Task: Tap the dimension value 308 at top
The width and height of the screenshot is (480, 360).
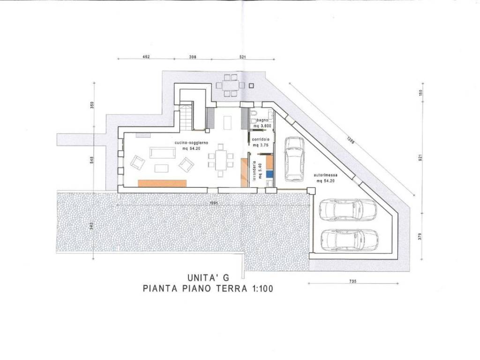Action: click(x=192, y=57)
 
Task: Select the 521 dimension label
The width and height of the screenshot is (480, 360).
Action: click(x=242, y=57)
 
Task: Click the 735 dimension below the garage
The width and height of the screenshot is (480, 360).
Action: click(x=353, y=281)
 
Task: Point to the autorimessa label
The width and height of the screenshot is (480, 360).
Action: click(x=326, y=176)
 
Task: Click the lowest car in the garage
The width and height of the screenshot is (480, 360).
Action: click(x=349, y=240)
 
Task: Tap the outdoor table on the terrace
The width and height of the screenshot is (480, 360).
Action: click(x=231, y=85)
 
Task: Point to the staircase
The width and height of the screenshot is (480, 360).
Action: click(x=187, y=118)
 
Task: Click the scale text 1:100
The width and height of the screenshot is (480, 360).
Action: click(x=259, y=289)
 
